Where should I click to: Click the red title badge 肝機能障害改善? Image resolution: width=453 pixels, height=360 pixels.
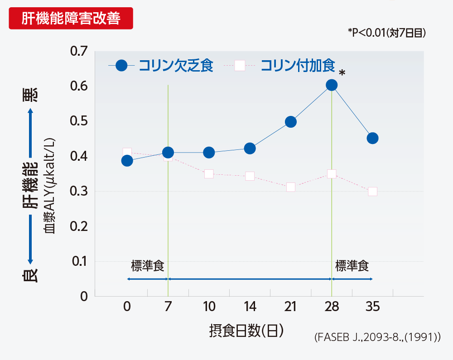(71, 19)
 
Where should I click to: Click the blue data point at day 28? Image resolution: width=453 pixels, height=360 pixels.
(332, 85)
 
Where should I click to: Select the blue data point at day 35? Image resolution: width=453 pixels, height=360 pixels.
(372, 138)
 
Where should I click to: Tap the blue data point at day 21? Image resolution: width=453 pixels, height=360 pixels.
(291, 122)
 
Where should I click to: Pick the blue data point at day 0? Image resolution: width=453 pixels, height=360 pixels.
(127, 161)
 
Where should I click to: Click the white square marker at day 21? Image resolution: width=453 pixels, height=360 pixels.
(291, 187)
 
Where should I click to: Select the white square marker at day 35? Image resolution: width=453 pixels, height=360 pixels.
(372, 192)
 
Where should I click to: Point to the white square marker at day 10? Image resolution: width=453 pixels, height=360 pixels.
(209, 174)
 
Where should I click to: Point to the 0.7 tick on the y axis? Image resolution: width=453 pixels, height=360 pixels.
(78, 51)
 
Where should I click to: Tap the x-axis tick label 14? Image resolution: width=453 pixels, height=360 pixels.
(250, 307)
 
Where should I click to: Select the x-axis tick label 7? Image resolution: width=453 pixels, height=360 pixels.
(168, 307)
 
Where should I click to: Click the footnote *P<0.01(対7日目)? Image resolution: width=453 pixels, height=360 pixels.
(387, 33)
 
